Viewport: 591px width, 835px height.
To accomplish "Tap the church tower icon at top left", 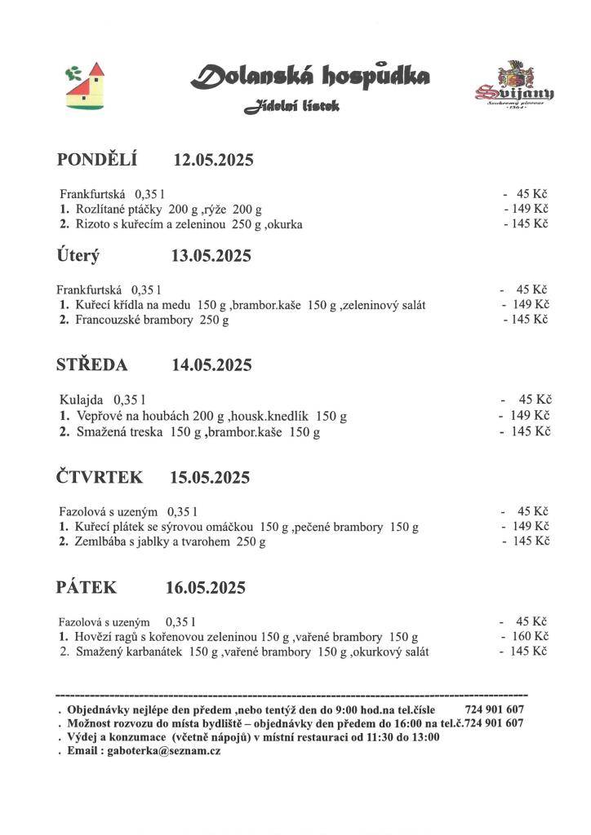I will click(x=86, y=85).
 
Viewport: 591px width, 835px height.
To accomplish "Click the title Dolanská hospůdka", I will click(x=310, y=77).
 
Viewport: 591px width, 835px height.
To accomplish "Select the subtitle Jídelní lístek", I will click(x=292, y=107).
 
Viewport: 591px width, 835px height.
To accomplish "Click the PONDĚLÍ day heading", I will click(x=97, y=159).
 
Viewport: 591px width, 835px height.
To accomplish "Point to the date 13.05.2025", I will click(x=211, y=256).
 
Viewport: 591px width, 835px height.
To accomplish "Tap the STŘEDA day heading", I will click(x=91, y=364).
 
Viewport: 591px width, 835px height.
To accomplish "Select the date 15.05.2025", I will click(x=210, y=477).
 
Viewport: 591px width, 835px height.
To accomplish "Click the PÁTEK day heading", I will click(x=87, y=587).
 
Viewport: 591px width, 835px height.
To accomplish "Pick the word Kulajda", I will click(x=82, y=400).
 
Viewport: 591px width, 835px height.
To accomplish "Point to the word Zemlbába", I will click(x=103, y=541).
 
